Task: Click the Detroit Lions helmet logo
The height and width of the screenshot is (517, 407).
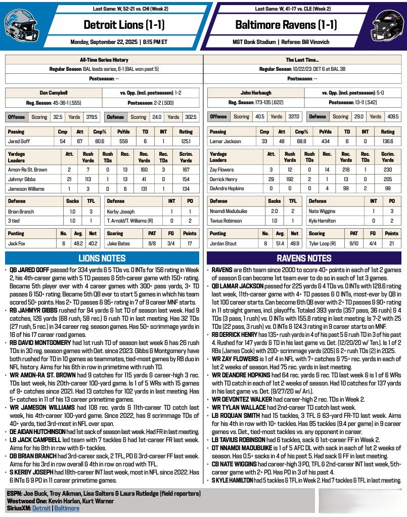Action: click(21, 25)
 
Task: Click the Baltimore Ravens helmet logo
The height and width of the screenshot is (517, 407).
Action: click(386, 25)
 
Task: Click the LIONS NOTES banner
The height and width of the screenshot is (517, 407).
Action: click(103, 258)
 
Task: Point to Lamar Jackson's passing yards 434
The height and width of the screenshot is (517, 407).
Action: click(326, 142)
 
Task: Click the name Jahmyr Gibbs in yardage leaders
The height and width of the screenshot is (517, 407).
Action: click(22, 180)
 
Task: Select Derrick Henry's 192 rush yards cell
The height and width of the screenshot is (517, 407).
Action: click(290, 180)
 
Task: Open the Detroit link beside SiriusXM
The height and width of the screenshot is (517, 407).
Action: click(41, 508)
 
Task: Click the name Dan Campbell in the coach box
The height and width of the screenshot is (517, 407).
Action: click(53, 93)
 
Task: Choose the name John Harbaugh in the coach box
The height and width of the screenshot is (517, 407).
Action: click(255, 93)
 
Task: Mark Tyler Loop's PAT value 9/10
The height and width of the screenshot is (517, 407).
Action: click(354, 243)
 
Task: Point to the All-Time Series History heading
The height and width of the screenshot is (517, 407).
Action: click(103, 60)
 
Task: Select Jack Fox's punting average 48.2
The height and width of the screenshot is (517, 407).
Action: click(77, 243)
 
